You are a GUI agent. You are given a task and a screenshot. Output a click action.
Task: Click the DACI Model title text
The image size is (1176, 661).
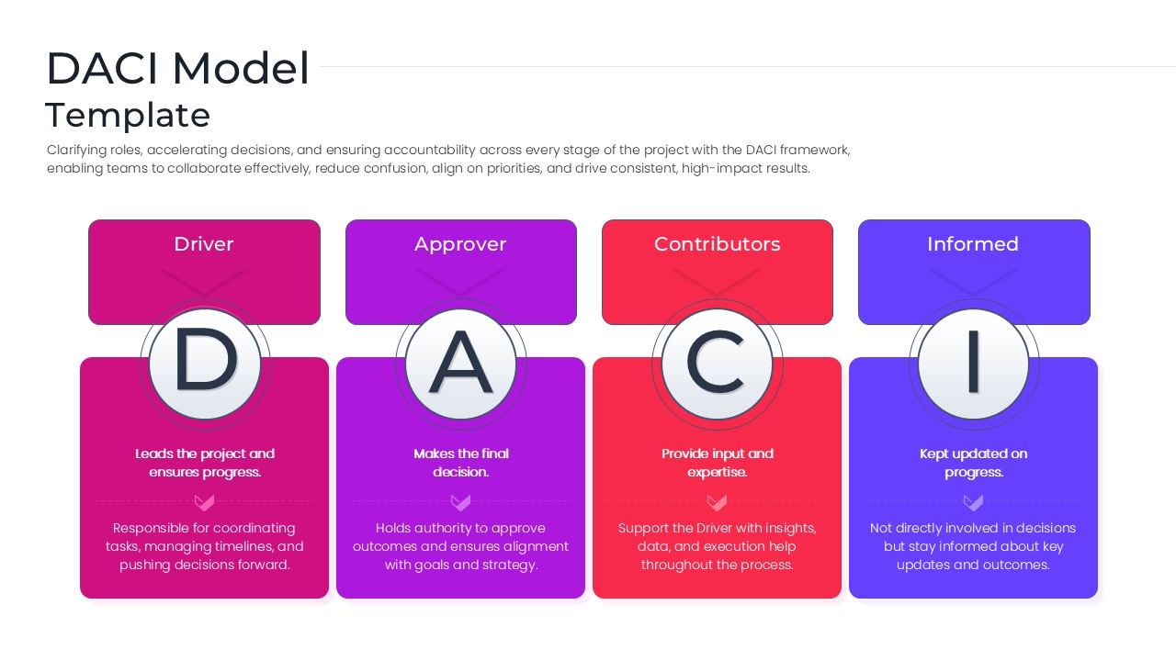(178, 69)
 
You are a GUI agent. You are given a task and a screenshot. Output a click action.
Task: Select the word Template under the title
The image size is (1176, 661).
(128, 116)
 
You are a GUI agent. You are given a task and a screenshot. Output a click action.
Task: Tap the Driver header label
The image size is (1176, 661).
(204, 244)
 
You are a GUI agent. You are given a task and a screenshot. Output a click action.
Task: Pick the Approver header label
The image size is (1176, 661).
(460, 244)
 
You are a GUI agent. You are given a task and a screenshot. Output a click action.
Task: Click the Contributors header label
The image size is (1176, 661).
(718, 244)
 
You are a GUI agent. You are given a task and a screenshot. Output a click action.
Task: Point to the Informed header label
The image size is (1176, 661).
(973, 244)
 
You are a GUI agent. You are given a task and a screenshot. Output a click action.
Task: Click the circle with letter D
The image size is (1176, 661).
(205, 364)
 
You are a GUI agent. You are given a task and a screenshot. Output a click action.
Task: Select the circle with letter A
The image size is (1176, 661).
(461, 364)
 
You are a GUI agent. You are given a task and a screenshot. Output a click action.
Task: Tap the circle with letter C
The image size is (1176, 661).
(718, 364)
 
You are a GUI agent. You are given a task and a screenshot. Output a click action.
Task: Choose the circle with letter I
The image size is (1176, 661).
(974, 364)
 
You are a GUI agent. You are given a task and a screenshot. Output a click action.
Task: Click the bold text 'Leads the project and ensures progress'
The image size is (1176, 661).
(205, 463)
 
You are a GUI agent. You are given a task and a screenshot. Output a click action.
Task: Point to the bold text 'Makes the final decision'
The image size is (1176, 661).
(461, 463)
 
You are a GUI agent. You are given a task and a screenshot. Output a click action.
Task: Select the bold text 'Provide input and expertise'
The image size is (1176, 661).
(718, 463)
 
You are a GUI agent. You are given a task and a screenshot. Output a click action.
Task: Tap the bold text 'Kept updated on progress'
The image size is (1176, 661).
(974, 463)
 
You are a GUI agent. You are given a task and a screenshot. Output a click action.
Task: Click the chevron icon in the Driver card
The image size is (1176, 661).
(205, 502)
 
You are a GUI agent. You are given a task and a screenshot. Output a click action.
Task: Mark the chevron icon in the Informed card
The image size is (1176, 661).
(974, 502)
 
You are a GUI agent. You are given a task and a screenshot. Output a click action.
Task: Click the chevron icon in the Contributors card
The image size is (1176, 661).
(718, 502)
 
